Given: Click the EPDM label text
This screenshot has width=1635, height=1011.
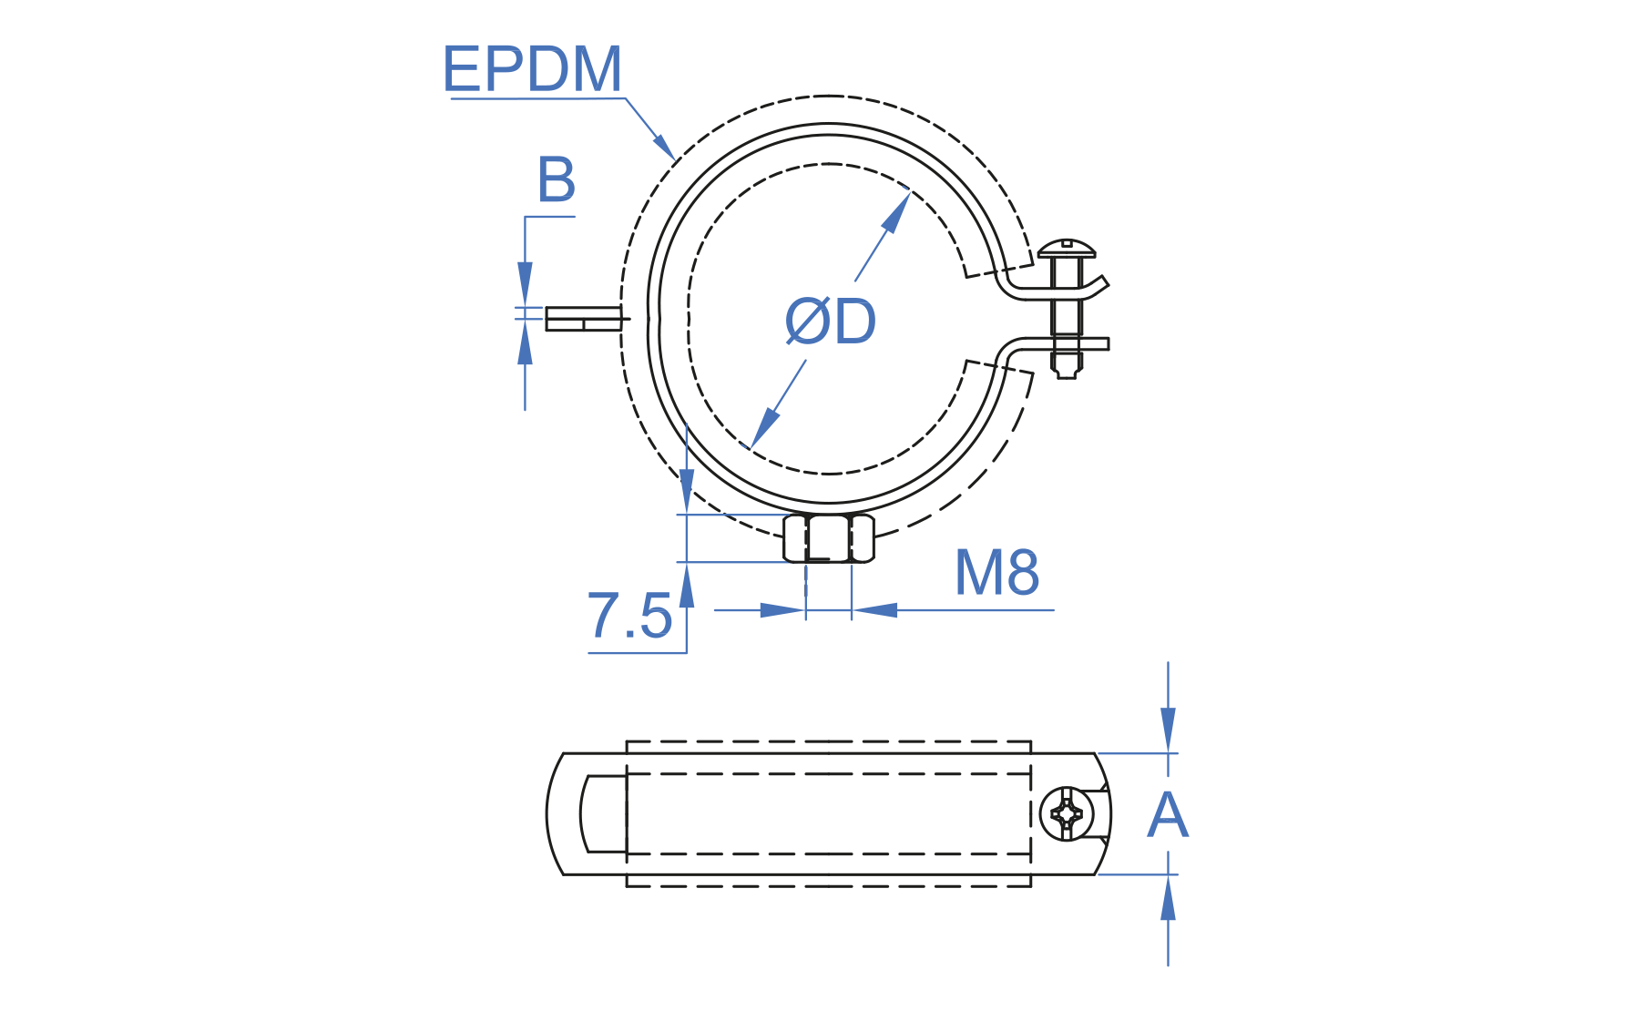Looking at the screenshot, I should click(532, 69).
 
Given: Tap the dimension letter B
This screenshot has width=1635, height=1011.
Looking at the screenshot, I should click(556, 179).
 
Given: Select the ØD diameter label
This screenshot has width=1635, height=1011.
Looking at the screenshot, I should click(830, 322).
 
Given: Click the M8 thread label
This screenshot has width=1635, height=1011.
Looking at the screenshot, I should click(996, 573).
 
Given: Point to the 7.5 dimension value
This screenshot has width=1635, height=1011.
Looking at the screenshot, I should click(628, 616).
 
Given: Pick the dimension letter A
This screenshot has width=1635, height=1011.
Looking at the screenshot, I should click(1167, 815).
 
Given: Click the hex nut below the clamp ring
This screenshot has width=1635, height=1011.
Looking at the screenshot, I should click(829, 538).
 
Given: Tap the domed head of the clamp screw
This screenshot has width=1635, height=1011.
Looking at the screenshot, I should click(1067, 248).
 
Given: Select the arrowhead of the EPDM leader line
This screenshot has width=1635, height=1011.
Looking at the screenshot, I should click(665, 148).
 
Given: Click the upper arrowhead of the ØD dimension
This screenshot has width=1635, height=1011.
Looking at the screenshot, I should click(897, 211).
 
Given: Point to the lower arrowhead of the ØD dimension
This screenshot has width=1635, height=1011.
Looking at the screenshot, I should click(763, 427).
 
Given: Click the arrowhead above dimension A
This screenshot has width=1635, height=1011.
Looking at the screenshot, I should click(1168, 730).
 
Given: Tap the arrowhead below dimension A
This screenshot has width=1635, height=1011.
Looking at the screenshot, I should click(1168, 898).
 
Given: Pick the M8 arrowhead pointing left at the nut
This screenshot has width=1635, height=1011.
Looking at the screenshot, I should click(874, 610).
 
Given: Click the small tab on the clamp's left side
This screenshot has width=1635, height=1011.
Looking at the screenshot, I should click(583, 319).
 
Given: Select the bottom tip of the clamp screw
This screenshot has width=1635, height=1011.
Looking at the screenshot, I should click(1067, 373).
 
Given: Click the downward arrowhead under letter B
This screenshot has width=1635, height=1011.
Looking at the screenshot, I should click(525, 283).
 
